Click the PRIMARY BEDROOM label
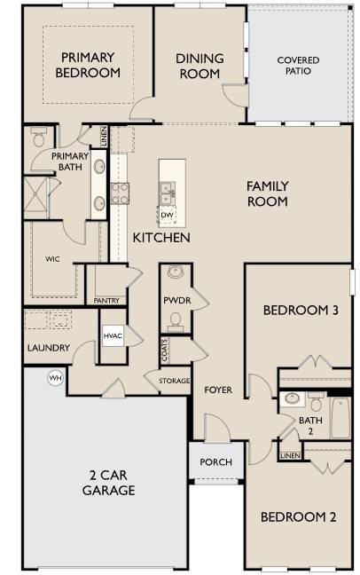pos(89,65)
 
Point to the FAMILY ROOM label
pos(267,193)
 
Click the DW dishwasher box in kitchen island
pos(167,215)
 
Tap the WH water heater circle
pos(55,378)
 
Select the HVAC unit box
pos(113,336)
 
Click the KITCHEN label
pos(161,239)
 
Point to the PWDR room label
pos(174,301)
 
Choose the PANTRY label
pos(106,301)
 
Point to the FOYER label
pos(218,390)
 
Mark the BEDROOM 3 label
pos(301,311)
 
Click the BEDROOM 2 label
pos(297,517)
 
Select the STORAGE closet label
pos(175,382)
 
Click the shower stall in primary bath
pos(38,196)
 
